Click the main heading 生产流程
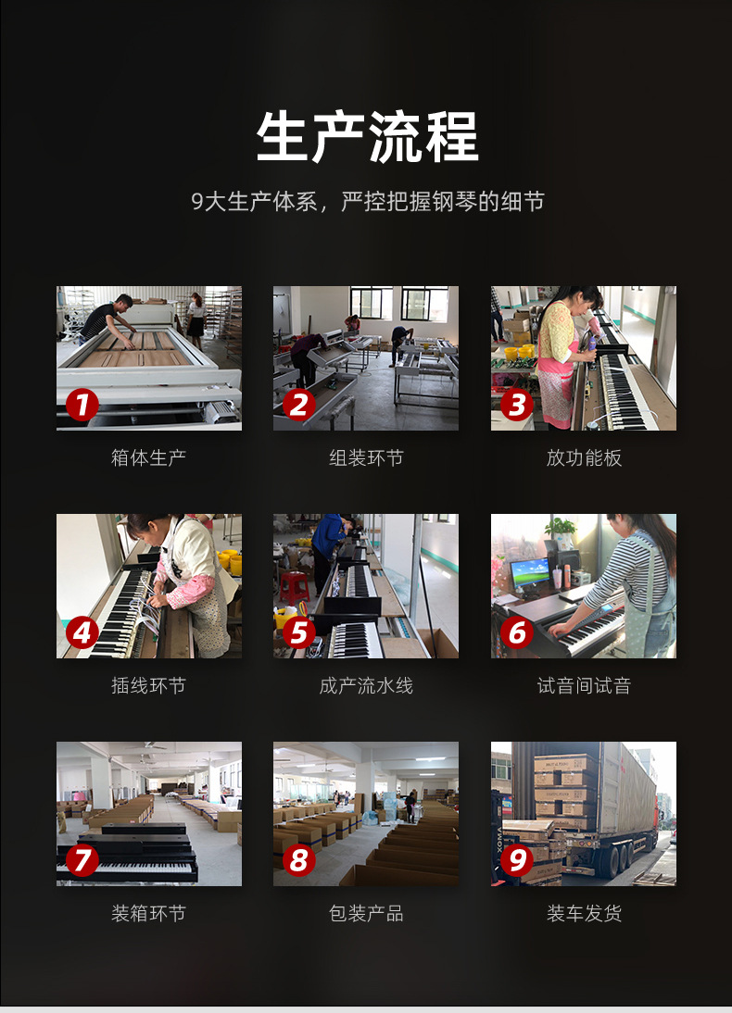[367, 136]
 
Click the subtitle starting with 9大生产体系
[367, 202]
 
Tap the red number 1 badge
[82, 405]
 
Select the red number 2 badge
[298, 405]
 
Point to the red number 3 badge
[517, 405]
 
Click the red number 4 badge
[82, 632]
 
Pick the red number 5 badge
[298, 632]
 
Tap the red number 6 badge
[517, 632]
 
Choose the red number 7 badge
[82, 860]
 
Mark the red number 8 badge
[298, 860]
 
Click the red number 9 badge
[517, 860]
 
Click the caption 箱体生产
[149, 457]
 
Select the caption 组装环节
[366, 457]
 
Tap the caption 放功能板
[584, 457]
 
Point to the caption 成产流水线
[366, 685]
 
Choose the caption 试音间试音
[584, 685]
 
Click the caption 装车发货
[584, 913]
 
